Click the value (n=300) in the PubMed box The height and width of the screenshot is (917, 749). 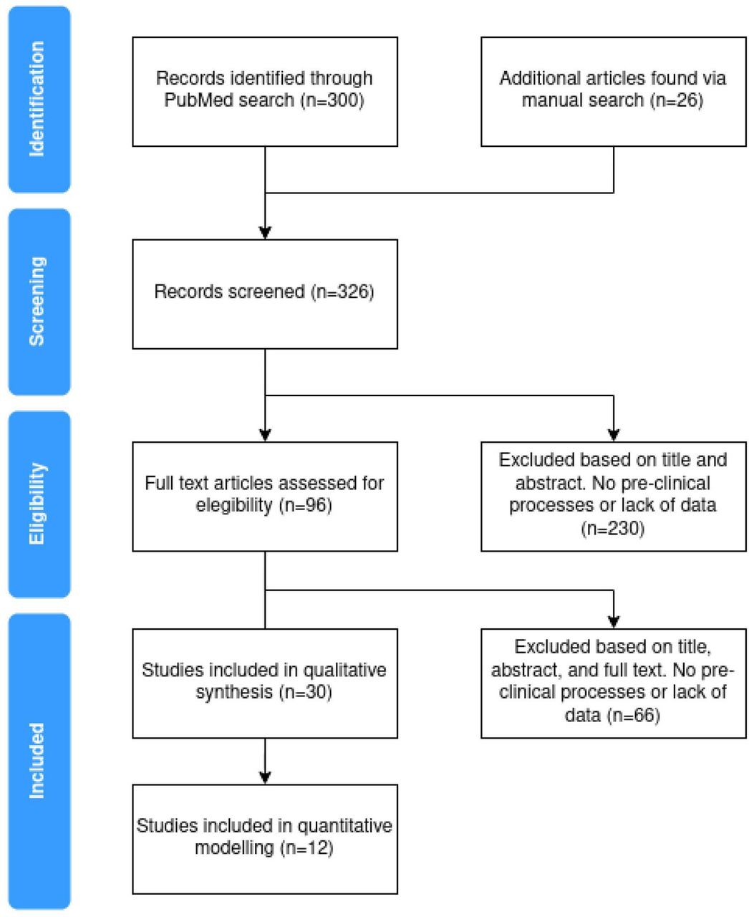[332, 100]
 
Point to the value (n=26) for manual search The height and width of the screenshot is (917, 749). [677, 100]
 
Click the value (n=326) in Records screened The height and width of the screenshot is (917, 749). [342, 292]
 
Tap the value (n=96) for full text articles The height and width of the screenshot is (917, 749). [306, 505]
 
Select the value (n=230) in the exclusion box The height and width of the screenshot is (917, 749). [612, 528]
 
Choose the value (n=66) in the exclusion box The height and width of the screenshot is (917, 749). [634, 715]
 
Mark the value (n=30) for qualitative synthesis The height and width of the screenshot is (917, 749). [306, 692]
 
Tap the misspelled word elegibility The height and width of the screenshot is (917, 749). [234, 505]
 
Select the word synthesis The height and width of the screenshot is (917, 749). [234, 692]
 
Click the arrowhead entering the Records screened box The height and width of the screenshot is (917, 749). [265, 233]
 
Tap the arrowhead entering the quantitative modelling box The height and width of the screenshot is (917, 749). [265, 778]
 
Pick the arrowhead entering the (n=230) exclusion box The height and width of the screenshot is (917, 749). [614, 436]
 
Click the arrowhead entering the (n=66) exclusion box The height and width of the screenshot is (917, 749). [614, 623]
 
